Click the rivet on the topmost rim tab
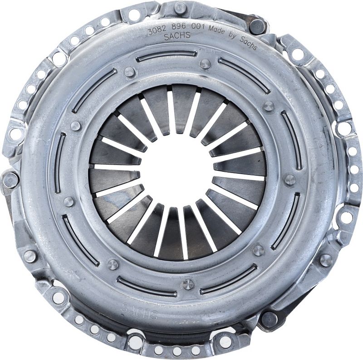point(180,7)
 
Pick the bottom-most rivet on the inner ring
point(187,284)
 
